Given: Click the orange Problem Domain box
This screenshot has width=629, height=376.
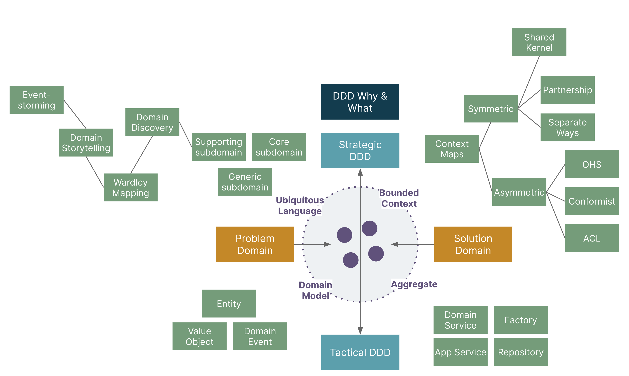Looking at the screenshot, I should pyautogui.click(x=255, y=244).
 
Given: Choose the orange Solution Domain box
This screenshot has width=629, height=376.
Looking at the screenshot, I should pyautogui.click(x=473, y=244).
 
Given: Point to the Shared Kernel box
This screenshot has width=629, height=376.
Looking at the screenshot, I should pyautogui.click(x=539, y=42).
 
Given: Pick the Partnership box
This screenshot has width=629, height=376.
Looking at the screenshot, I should pyautogui.click(x=567, y=90).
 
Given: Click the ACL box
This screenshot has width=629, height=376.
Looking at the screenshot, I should pyautogui.click(x=592, y=238).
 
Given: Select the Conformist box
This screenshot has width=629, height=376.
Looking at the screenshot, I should pyautogui.click(x=592, y=201).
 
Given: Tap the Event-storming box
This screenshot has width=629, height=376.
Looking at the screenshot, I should pyautogui.click(x=37, y=100).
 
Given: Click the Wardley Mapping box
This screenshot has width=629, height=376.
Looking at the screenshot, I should pyautogui.click(x=130, y=188).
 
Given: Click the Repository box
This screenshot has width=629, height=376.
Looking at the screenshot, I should pyautogui.click(x=520, y=352).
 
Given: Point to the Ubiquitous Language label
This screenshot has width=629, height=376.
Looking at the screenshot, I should pyautogui.click(x=300, y=206).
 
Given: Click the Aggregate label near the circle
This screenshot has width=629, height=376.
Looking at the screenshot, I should pyautogui.click(x=414, y=284).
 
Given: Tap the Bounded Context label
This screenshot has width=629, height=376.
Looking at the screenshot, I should pyautogui.click(x=399, y=198).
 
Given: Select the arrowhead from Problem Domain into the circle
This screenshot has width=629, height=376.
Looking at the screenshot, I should pyautogui.click(x=327, y=244).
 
